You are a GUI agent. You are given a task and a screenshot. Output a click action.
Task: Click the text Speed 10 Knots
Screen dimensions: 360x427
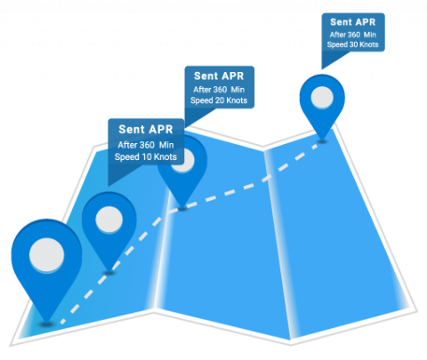tap(145, 157)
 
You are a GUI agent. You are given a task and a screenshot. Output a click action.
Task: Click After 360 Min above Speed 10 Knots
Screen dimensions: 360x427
tap(145, 145)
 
